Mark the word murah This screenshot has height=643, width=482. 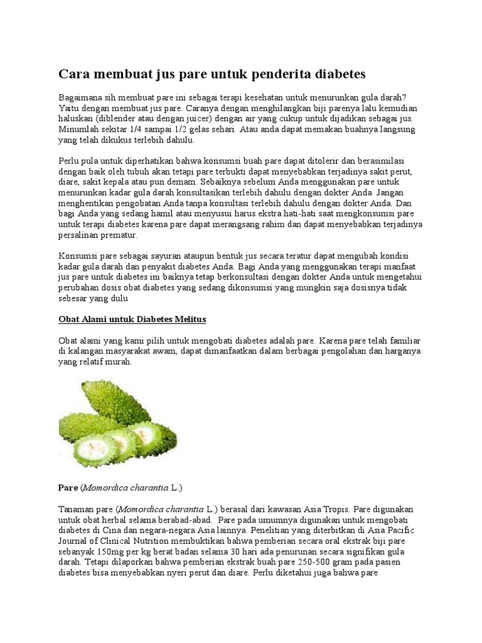[119, 362]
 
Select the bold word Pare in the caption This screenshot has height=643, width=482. [67, 487]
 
